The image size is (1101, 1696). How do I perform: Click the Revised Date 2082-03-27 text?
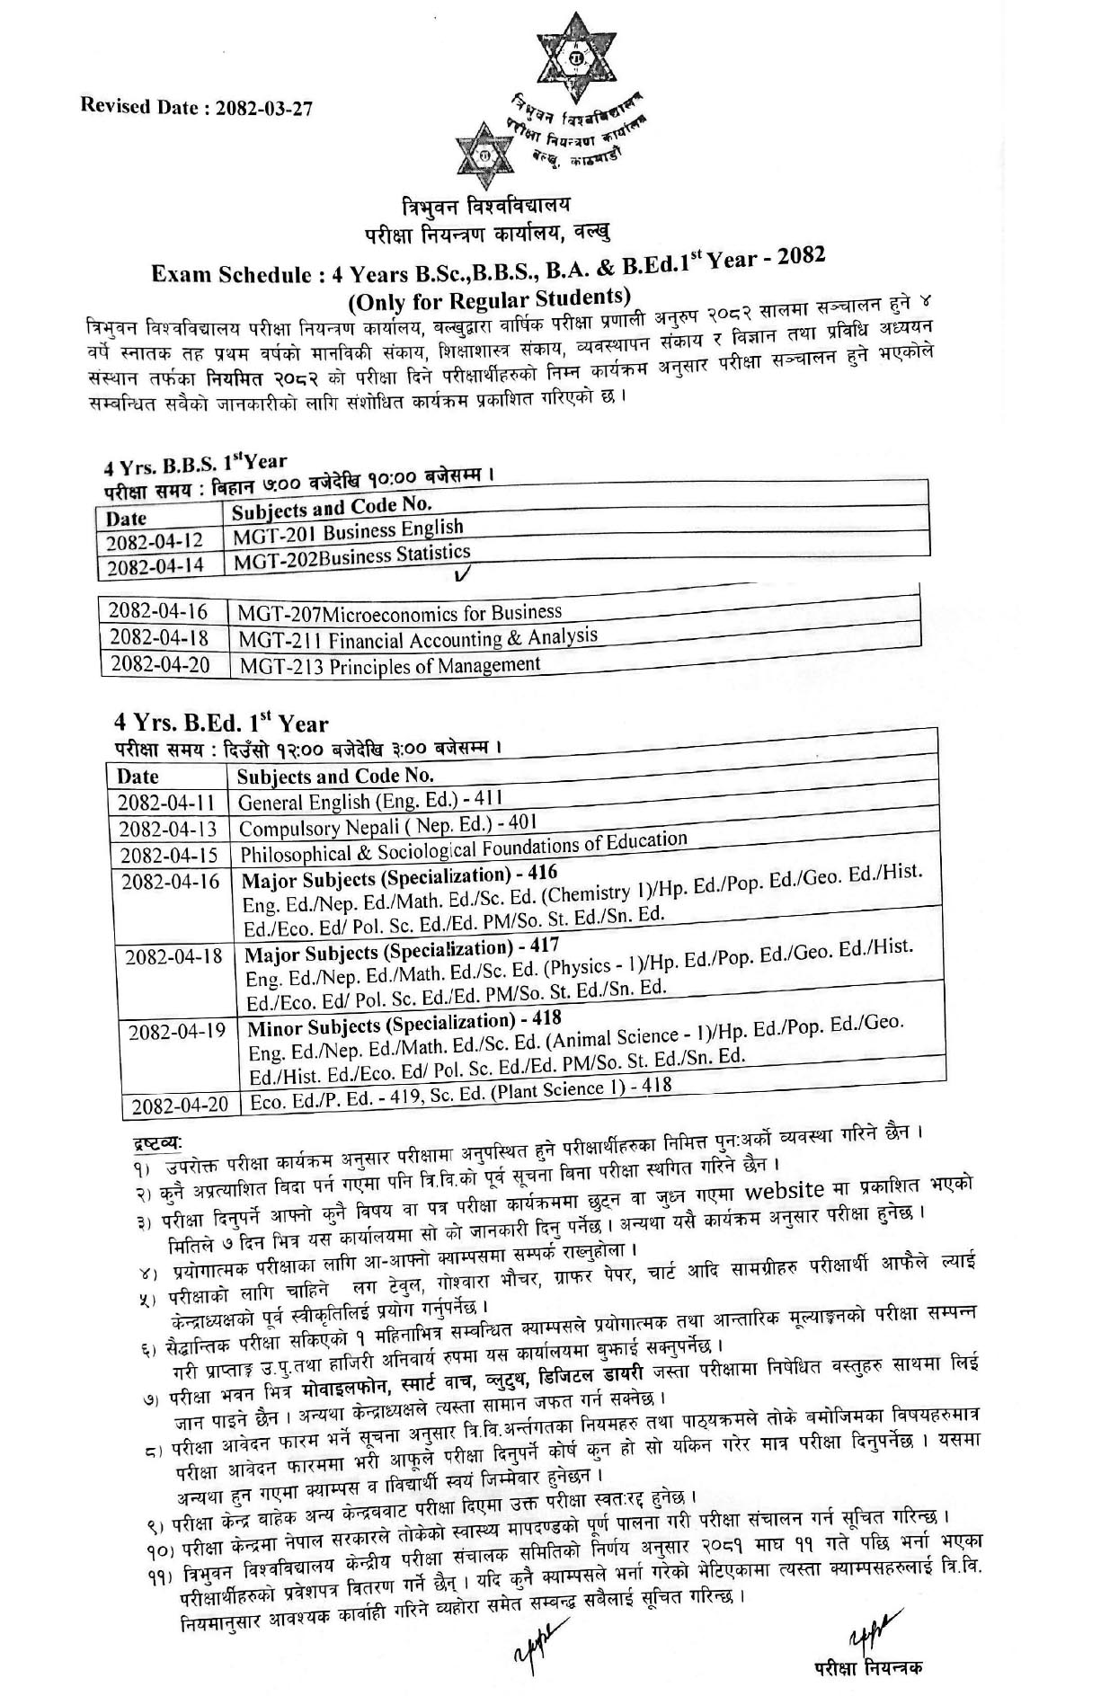point(197,106)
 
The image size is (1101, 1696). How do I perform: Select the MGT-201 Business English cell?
point(348,531)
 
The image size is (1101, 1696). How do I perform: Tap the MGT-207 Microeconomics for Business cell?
point(400,614)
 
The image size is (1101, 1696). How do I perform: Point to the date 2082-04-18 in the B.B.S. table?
point(158,637)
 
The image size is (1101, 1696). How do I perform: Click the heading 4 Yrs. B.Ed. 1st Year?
point(221,723)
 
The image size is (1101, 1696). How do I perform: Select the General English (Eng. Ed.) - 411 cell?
point(369,800)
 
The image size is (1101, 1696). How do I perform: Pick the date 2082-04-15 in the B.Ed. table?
point(168,854)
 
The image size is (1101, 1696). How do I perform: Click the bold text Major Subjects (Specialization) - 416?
point(400,875)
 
